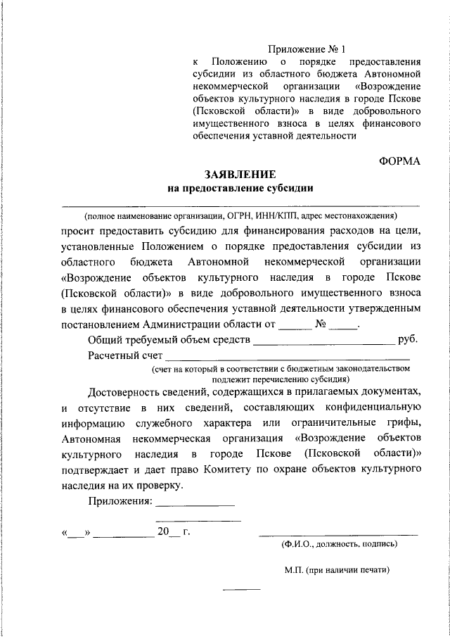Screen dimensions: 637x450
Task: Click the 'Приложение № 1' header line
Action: pos(308,49)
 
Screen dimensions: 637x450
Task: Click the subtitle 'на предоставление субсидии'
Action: pos(240,188)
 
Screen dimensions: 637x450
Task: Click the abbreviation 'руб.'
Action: pos(409,340)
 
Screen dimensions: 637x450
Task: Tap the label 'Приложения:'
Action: pos(120,500)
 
